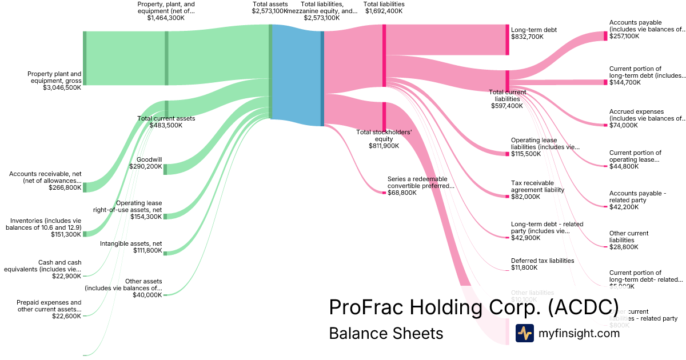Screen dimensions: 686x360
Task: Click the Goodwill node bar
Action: click(165, 169)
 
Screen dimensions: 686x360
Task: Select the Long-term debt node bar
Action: click(507, 39)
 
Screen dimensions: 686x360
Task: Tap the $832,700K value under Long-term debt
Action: click(527, 37)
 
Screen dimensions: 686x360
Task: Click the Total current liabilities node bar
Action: click(507, 79)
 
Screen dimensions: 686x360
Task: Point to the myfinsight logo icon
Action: click(524, 333)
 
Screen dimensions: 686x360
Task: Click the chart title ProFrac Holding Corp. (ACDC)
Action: click(473, 307)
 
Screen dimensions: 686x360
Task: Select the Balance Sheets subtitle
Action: click(386, 333)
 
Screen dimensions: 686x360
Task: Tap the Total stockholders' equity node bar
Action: click(385, 117)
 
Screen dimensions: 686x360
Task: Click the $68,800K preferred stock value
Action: click(402, 193)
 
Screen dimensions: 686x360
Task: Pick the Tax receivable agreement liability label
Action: click(537, 186)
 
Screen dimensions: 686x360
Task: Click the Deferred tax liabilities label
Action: click(543, 261)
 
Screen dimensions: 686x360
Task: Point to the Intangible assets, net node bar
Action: click(165, 252)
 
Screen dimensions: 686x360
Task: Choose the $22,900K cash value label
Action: click(67, 276)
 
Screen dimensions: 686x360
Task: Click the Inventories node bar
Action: click(85, 234)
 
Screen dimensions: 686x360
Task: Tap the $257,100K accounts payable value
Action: click(624, 36)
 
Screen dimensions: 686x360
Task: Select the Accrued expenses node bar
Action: click(605, 125)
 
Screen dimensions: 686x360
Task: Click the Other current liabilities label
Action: click(629, 237)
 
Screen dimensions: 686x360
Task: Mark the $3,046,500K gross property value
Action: click(62, 88)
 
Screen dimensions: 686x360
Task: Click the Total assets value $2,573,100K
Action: click(269, 11)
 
